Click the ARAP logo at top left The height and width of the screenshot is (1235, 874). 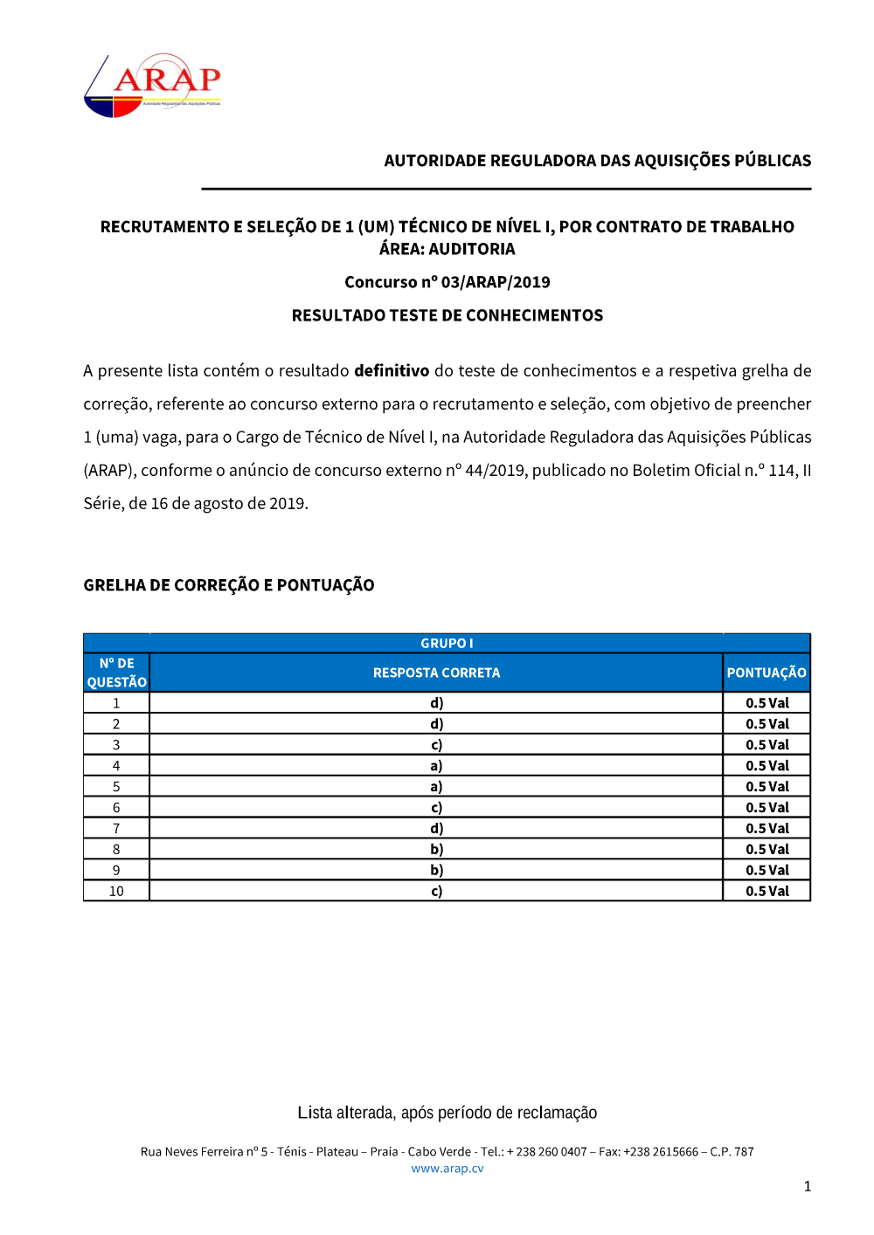152,86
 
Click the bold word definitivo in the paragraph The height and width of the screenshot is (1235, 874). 391,370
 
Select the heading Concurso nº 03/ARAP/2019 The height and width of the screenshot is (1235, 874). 447,282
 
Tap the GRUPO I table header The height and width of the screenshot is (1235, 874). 447,643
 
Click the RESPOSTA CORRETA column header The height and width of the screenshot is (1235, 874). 436,673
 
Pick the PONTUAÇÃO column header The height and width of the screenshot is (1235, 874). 766,673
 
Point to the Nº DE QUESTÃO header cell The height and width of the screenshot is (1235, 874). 116,673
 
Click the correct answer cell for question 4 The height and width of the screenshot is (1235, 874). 436,766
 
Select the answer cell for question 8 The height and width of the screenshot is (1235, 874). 436,849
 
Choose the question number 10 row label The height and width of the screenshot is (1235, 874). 116,891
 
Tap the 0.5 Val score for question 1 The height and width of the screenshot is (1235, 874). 766,703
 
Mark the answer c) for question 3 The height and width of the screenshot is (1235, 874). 436,745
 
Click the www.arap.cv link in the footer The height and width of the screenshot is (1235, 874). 447,1169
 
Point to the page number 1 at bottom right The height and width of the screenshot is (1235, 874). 807,1186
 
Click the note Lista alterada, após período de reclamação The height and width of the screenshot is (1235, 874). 447,1113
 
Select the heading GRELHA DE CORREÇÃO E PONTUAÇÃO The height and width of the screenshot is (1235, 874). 229,585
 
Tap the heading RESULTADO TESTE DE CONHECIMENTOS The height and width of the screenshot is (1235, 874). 447,315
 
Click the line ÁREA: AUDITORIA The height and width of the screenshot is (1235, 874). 447,249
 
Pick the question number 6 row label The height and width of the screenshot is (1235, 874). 116,808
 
